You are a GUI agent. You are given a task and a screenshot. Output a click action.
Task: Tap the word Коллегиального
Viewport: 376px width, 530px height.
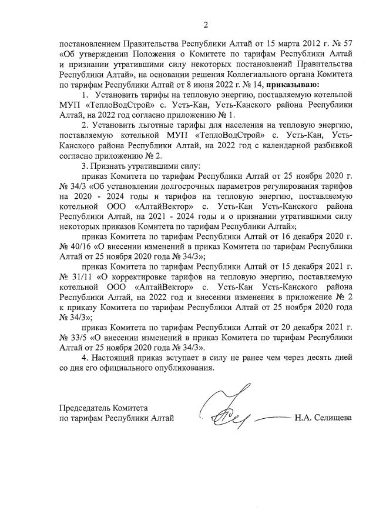coord(266,74)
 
